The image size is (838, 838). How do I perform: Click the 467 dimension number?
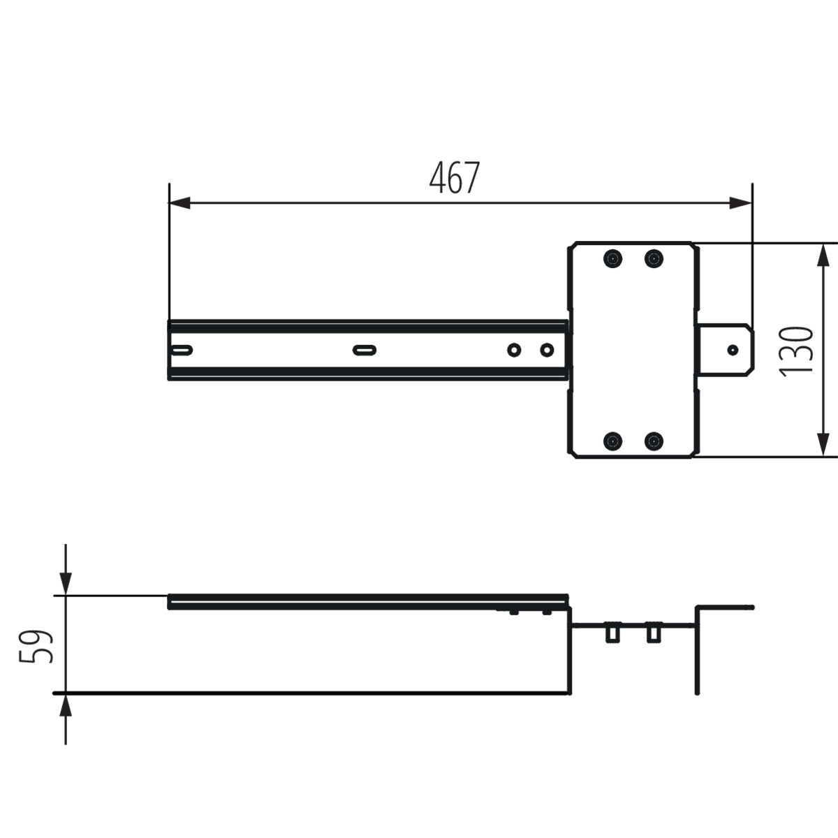click(x=455, y=179)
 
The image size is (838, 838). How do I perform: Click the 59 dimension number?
click(x=36, y=646)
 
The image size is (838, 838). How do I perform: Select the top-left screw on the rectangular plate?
click(x=612, y=259)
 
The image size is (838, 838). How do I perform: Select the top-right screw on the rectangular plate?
click(x=654, y=259)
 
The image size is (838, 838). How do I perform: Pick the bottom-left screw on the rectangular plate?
click(x=612, y=441)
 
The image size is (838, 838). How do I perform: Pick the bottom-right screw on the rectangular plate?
click(x=654, y=441)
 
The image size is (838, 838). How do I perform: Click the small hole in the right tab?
click(x=733, y=349)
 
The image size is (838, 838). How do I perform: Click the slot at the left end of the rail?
click(x=181, y=350)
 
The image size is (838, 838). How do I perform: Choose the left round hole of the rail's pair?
click(x=514, y=350)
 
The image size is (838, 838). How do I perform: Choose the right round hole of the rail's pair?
click(x=547, y=350)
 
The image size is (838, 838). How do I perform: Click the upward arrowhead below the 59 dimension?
click(x=66, y=705)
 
